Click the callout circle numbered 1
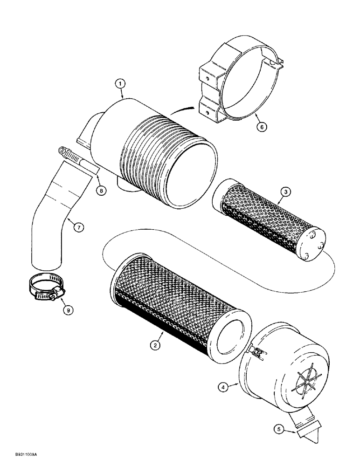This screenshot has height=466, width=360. click(120, 84)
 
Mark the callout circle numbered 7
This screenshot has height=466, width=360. click(78, 226)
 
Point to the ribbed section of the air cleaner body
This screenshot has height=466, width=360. click(159, 154)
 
